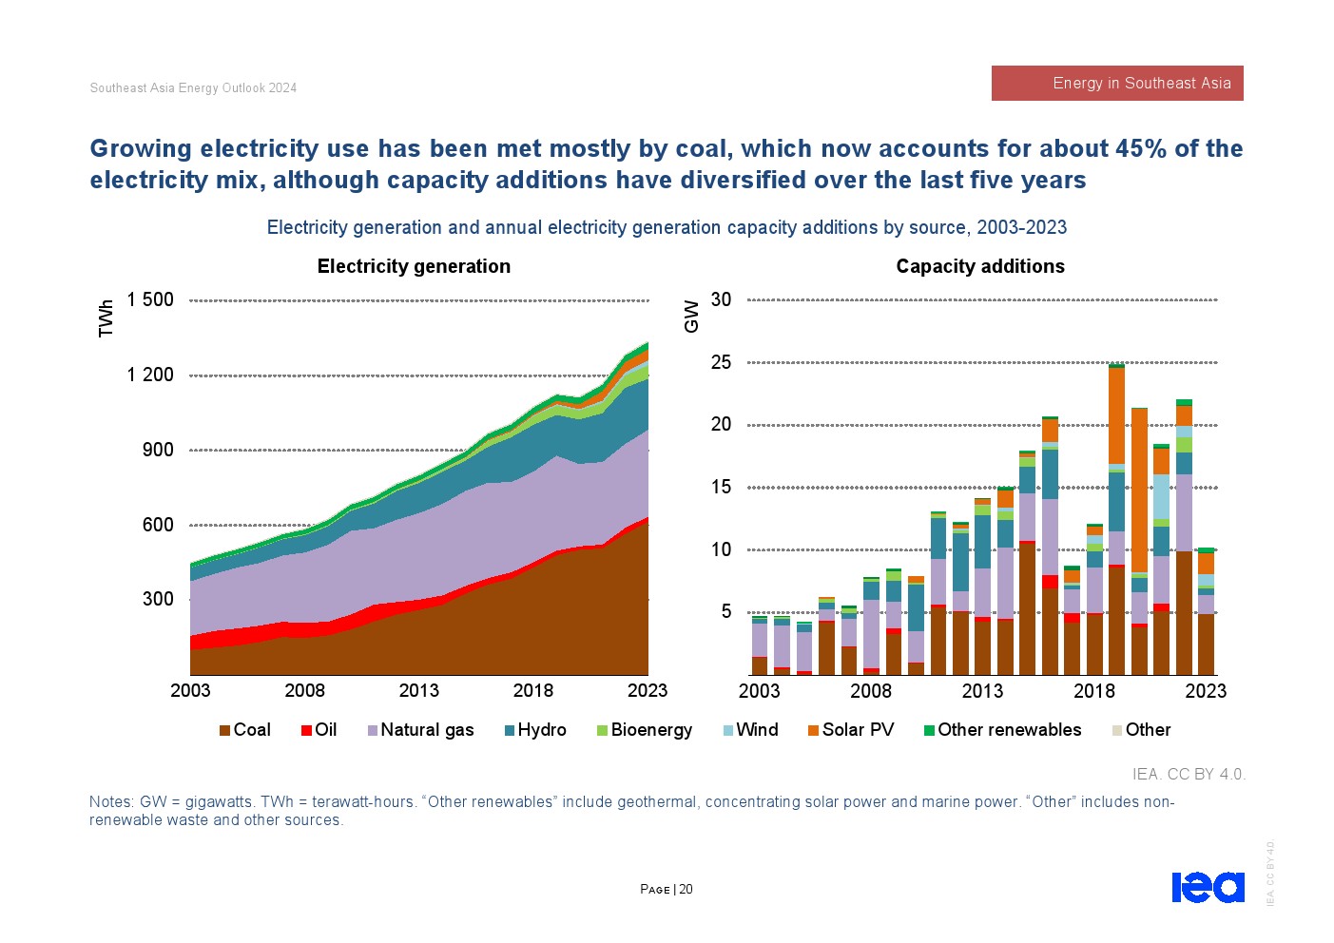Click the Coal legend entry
point(245,730)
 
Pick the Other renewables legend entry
point(1002,730)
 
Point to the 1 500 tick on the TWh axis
point(150,300)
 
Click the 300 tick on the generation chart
point(158,600)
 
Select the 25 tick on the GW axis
point(722,362)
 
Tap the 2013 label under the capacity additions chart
point(982,691)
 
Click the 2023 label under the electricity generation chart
point(648,691)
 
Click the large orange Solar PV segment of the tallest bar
point(1117,414)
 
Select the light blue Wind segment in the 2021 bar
point(1162,496)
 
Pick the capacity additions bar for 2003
point(760,646)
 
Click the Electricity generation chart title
point(414,267)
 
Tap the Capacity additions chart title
point(980,267)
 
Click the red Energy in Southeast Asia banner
point(1117,84)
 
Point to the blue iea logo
point(1208,887)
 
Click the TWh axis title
point(106,318)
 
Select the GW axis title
point(692,316)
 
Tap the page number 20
point(686,890)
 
